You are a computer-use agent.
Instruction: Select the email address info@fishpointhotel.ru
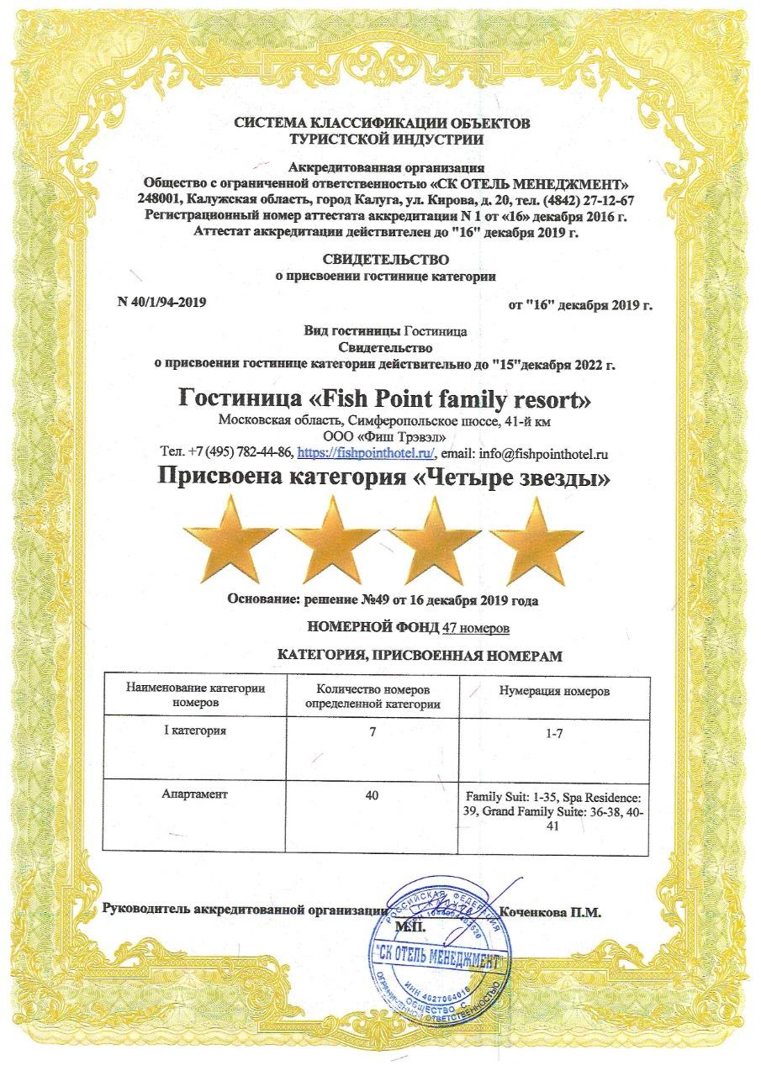point(543,453)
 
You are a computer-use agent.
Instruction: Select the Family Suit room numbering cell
point(553,809)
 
